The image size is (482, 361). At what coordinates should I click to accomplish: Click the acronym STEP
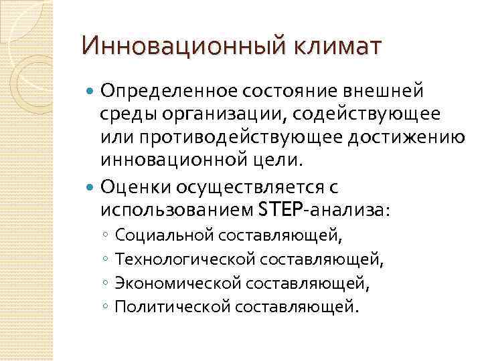tap(279, 211)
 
